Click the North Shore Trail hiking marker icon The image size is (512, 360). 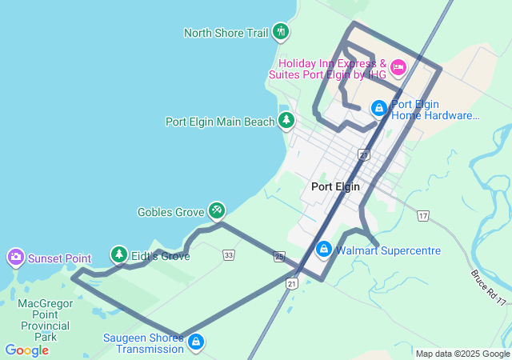point(280,32)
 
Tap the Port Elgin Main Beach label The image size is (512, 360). point(219,122)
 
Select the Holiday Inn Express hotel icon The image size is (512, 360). point(398,66)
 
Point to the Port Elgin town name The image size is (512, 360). point(335,186)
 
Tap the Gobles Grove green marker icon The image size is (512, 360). point(216,210)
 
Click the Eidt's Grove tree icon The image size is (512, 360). point(119,255)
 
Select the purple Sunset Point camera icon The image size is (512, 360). point(15,258)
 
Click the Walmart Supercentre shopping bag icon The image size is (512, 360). point(323,249)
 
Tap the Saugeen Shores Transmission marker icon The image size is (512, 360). point(195,342)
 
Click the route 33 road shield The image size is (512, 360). point(230,255)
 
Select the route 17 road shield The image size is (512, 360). point(423,216)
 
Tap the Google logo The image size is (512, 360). point(26,350)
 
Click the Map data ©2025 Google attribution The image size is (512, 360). point(462,354)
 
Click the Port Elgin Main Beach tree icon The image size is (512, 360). point(286,121)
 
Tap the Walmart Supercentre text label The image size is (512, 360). point(388,250)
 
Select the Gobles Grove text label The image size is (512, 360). point(170,212)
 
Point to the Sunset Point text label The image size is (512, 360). point(59,258)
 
